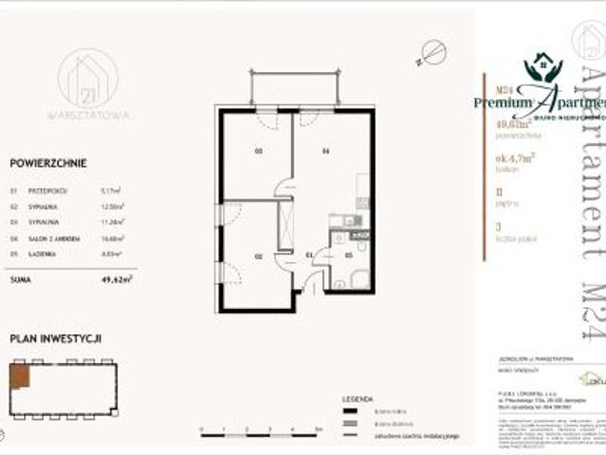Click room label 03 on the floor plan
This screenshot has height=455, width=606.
(256, 152)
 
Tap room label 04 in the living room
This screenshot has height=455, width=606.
(324, 152)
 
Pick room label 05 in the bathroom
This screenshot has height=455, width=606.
(348, 255)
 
